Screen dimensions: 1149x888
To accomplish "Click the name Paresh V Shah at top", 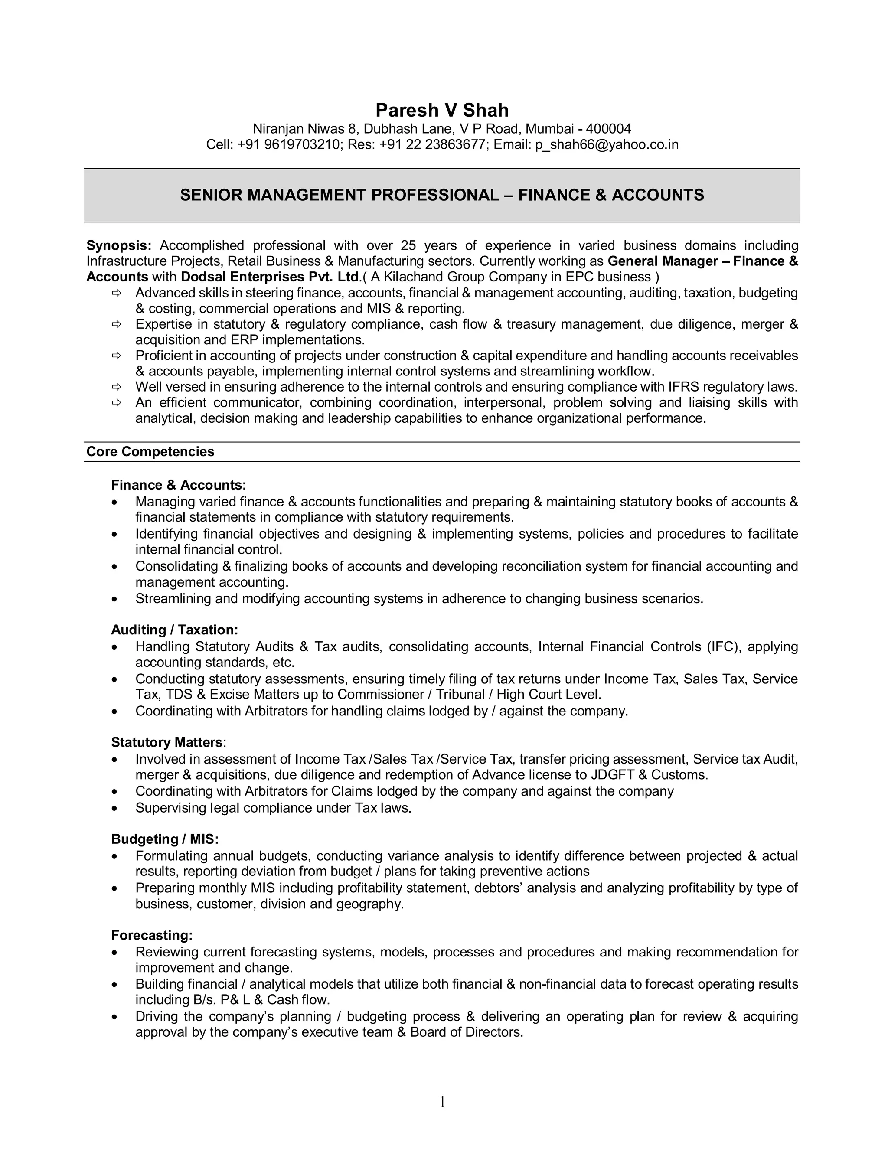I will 442,110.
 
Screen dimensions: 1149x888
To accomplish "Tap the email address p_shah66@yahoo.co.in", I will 607,145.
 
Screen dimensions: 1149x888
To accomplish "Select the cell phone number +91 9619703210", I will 288,145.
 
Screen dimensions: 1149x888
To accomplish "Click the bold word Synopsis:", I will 119,246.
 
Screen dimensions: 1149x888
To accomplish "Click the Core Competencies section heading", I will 150,452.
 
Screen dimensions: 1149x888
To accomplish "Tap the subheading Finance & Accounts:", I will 178,485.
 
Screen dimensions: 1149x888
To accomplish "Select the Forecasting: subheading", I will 151,935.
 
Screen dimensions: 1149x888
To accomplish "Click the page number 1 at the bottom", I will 442,1102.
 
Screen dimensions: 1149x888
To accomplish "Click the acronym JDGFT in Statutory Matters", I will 612,775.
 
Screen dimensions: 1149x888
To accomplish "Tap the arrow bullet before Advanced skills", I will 116,293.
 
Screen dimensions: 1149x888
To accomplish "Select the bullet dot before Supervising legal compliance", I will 114,808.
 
